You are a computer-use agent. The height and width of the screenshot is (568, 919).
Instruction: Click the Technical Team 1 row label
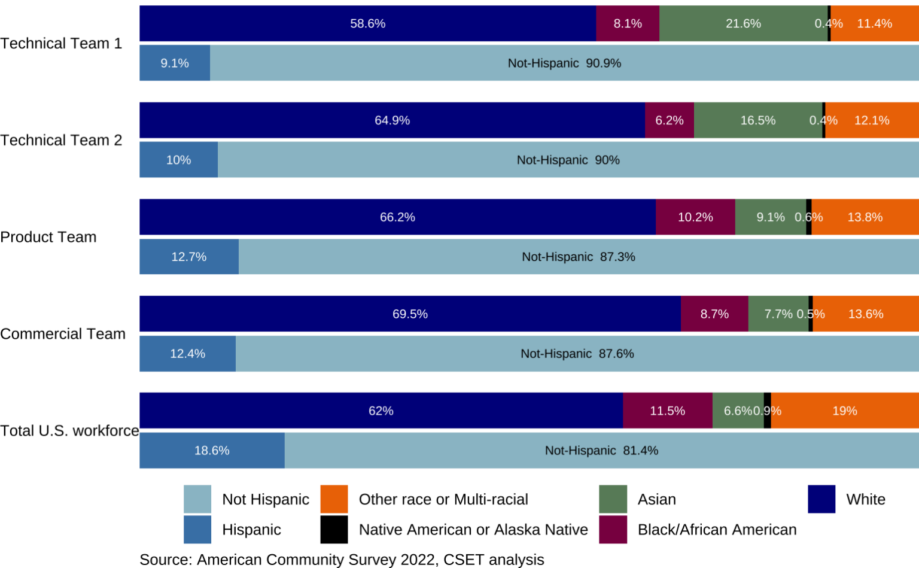pyautogui.click(x=61, y=44)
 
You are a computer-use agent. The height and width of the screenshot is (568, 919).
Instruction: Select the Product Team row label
pyautogui.click(x=48, y=237)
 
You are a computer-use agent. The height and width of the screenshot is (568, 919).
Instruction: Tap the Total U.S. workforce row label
pyautogui.click(x=69, y=431)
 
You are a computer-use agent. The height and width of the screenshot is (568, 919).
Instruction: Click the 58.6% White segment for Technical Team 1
pyautogui.click(x=367, y=24)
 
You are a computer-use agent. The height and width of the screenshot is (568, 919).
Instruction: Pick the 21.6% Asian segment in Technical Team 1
pyautogui.click(x=743, y=24)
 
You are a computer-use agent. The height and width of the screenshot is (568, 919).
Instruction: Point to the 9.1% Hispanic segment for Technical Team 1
pyautogui.click(x=175, y=63)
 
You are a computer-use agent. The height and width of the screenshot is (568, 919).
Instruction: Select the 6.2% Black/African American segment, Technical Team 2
pyautogui.click(x=669, y=120)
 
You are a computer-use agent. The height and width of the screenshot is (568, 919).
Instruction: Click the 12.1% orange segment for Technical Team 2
pyautogui.click(x=872, y=120)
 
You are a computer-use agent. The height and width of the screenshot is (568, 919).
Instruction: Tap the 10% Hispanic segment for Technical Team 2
pyautogui.click(x=178, y=160)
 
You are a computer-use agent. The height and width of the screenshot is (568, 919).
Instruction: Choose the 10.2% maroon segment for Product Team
pyautogui.click(x=695, y=217)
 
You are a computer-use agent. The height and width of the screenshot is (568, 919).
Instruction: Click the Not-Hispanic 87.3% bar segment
pyautogui.click(x=578, y=257)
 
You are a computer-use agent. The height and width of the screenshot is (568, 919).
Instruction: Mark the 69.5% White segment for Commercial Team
pyautogui.click(x=410, y=314)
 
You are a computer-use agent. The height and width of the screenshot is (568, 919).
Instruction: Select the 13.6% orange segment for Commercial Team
pyautogui.click(x=866, y=314)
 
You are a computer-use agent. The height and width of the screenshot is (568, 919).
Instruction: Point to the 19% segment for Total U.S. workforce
pyautogui.click(x=844, y=411)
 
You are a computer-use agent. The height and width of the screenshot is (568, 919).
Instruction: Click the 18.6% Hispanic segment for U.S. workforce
pyautogui.click(x=212, y=451)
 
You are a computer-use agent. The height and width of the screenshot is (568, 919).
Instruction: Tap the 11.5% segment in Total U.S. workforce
pyautogui.click(x=667, y=411)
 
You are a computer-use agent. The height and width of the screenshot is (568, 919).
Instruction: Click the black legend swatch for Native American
pyautogui.click(x=334, y=530)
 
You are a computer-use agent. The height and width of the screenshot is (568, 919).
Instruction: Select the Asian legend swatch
pyautogui.click(x=613, y=499)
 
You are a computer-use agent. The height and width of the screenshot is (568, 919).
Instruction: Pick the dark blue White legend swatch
pyautogui.click(x=821, y=499)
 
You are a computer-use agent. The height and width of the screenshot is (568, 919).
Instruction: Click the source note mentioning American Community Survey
pyautogui.click(x=342, y=560)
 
